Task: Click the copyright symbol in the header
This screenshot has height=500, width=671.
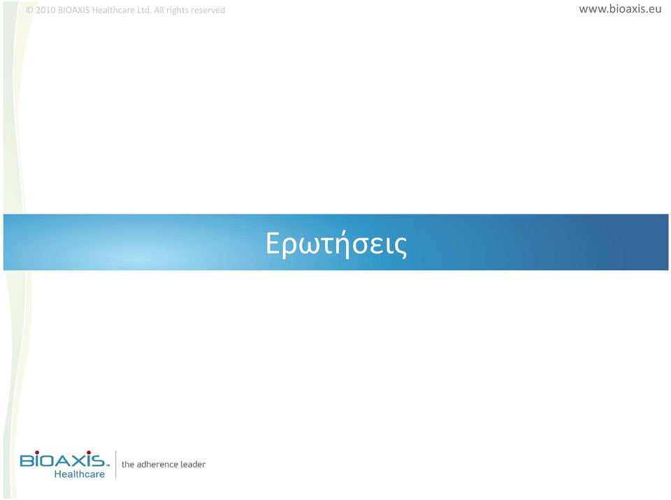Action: coord(29,10)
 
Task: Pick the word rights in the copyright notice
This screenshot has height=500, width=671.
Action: coord(178,10)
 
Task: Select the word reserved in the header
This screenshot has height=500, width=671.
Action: coord(208,10)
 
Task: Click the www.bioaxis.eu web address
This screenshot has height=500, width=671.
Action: coord(620,9)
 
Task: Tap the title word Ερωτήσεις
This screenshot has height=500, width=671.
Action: coord(336,244)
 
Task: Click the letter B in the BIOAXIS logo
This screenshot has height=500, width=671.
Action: coord(27,460)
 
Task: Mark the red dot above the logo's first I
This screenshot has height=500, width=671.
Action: coord(37,453)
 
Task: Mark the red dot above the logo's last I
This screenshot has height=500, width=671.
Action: coord(89,453)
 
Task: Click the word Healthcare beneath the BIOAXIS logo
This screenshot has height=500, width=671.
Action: coord(80,474)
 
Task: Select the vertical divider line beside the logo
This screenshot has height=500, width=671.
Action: coord(115,464)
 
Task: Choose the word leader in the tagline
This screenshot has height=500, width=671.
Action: coord(193,464)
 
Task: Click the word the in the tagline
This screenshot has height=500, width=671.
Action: coord(128,464)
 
